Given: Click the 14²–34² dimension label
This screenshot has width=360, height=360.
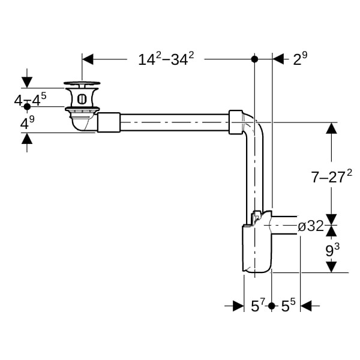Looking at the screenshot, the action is coord(166,59).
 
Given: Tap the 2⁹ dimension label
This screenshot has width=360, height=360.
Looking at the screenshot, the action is coord(300,59).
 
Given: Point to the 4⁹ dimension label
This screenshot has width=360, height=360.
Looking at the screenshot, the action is coord(28,122).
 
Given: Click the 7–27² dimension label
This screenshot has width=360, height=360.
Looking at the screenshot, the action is coord(331,176).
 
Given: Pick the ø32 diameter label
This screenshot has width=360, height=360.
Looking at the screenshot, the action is coord(311,226).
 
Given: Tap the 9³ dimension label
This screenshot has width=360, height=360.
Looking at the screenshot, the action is coord(332,250).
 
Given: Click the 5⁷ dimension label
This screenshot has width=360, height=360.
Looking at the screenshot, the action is coord(258,305).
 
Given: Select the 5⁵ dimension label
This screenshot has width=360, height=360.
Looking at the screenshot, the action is coord(289,305).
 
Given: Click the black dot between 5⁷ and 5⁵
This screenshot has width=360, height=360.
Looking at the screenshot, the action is coord(272,306).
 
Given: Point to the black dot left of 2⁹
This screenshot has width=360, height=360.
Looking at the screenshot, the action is coord(254,59).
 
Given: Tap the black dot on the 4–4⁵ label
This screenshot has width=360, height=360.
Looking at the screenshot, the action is coord(27,107).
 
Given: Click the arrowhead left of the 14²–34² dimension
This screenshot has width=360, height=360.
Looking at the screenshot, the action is coord(88,59).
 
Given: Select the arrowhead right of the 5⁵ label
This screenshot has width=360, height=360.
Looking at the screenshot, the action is coord(306,306).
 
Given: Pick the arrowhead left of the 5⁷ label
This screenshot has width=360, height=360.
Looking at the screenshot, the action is coord(238,306).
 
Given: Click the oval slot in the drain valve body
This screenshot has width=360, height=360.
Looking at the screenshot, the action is coord(82,99).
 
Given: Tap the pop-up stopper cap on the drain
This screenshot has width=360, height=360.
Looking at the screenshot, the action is coord(82,83).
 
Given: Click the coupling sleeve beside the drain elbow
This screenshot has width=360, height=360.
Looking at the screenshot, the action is coord(109,122).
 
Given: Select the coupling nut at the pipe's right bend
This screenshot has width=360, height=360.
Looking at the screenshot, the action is coord(236,122).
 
